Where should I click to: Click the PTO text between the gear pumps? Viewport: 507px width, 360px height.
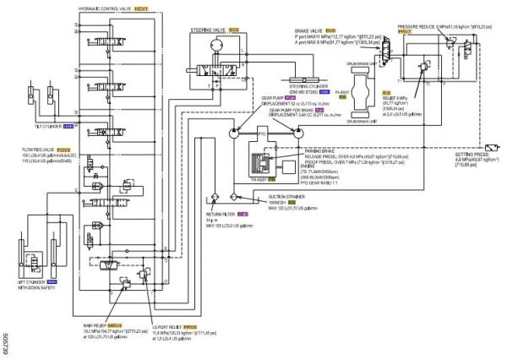pyautogui.click(x=264, y=133)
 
